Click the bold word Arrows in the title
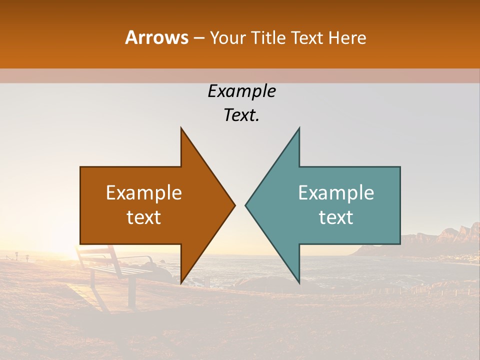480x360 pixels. pyautogui.click(x=157, y=38)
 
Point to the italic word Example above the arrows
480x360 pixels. pyautogui.click(x=241, y=91)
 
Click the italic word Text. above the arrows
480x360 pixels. pyautogui.click(x=241, y=115)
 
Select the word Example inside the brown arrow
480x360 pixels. pyautogui.click(x=144, y=193)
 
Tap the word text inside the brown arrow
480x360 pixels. pyautogui.click(x=144, y=217)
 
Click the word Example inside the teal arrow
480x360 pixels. pyautogui.click(x=336, y=193)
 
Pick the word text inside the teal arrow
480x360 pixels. pyautogui.click(x=336, y=217)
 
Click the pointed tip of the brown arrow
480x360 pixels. pyautogui.click(x=234, y=205)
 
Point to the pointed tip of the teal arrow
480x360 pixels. pyautogui.click(x=245, y=205)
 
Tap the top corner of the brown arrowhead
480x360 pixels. pyautogui.click(x=181, y=128)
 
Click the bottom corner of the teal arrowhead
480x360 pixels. pyautogui.click(x=299, y=282)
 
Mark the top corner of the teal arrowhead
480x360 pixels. pyautogui.click(x=299, y=128)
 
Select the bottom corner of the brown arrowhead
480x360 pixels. pyautogui.click(x=181, y=282)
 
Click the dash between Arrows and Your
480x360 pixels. pyautogui.click(x=199, y=38)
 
